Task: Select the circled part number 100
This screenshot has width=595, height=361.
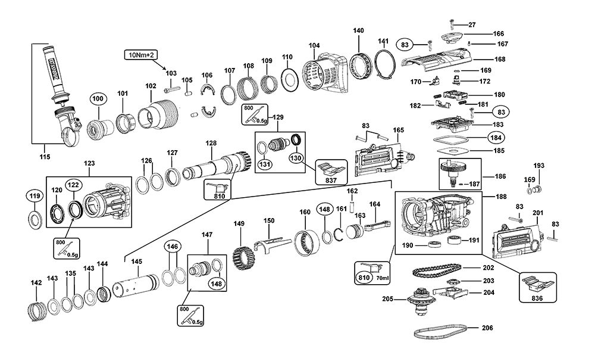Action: coord(97,98)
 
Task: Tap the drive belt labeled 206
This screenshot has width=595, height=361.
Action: coord(440,331)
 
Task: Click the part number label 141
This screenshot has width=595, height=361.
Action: coord(384,41)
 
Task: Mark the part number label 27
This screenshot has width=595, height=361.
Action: coord(472,24)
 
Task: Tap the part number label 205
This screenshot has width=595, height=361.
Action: coord(387,299)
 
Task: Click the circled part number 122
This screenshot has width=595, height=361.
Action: coord(73,185)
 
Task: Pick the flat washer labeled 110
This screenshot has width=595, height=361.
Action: coord(289,79)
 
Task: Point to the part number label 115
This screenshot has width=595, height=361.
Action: coord(45,157)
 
